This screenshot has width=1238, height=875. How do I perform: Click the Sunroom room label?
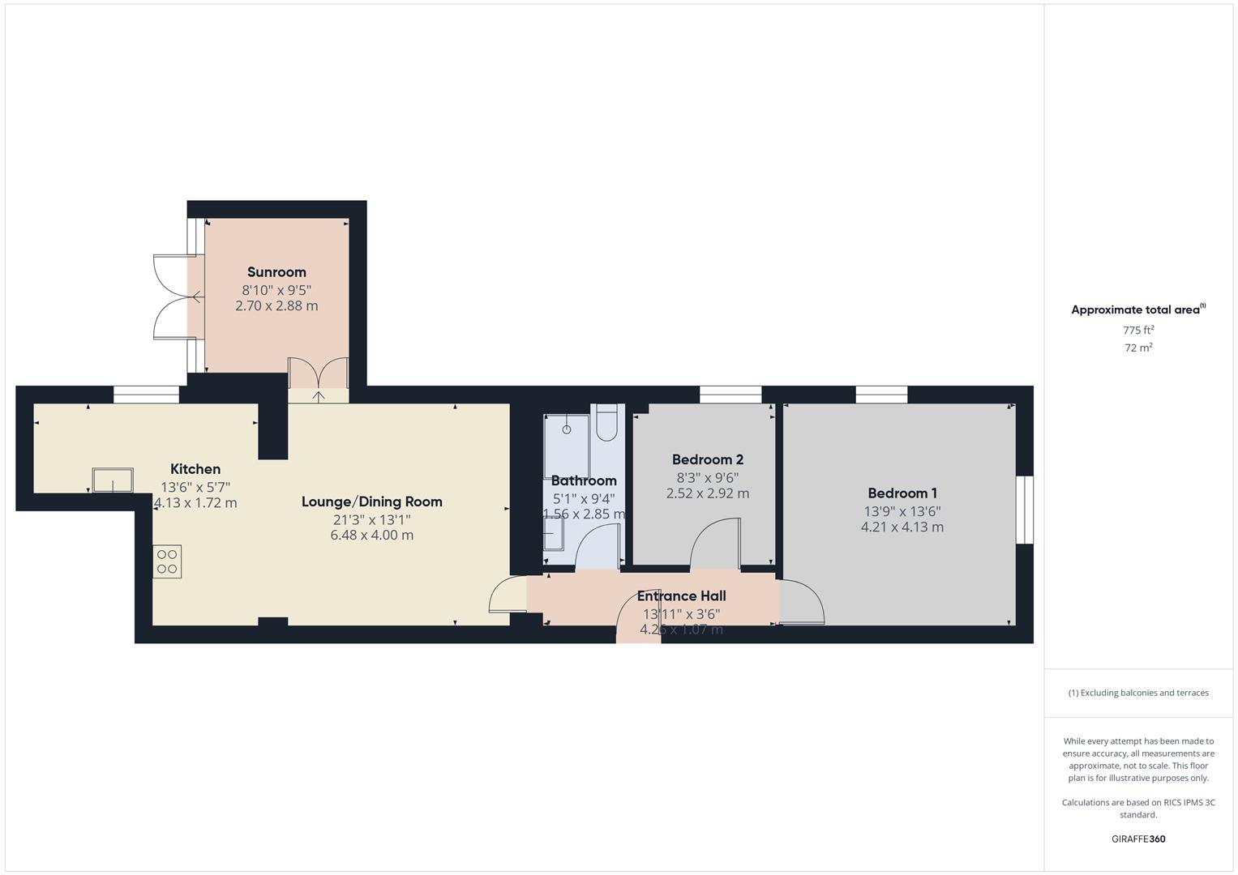[x=276, y=272]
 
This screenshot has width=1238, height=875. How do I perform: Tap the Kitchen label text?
[x=195, y=469]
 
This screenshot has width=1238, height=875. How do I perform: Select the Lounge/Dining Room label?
[x=372, y=502]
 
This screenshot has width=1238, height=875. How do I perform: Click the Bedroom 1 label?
[x=902, y=493]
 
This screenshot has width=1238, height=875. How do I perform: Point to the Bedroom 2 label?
[x=708, y=459]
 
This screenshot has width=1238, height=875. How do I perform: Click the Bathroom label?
[x=584, y=480]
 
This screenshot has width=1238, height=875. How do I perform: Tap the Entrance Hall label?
[x=681, y=596]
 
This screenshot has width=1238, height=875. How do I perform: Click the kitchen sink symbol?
[x=112, y=480]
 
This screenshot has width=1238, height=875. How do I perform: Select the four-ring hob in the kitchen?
[x=167, y=561]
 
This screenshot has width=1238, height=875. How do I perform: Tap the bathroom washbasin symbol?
[x=554, y=534]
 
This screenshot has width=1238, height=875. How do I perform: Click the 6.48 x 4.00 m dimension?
[x=372, y=536]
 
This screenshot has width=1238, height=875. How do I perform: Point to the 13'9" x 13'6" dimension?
[x=902, y=511]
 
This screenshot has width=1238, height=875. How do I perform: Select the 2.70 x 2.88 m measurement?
[x=276, y=306]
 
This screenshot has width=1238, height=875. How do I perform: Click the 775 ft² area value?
[x=1138, y=331]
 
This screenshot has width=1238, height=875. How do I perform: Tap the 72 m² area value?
[x=1138, y=348]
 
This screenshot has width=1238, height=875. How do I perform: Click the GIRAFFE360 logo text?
[x=1138, y=839]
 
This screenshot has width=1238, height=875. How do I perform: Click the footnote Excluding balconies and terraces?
[x=1138, y=693]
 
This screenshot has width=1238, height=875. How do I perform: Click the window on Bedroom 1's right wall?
[x=1025, y=510]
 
